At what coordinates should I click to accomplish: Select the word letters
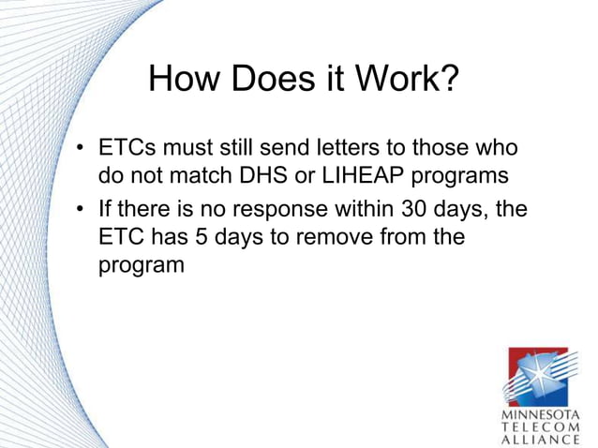click(355, 150)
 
